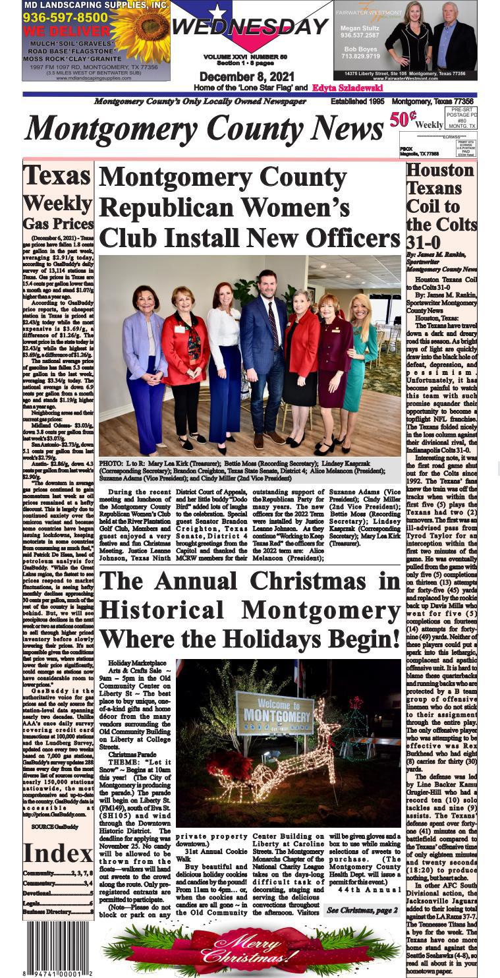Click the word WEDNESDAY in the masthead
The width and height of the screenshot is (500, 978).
(250, 27)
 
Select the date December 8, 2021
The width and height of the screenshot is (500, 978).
(247, 77)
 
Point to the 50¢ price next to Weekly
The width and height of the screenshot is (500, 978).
(402, 119)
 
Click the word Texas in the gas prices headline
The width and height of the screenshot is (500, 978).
(57, 176)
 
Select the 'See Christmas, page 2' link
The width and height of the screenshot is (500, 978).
(362, 910)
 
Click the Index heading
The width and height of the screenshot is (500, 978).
(57, 853)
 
